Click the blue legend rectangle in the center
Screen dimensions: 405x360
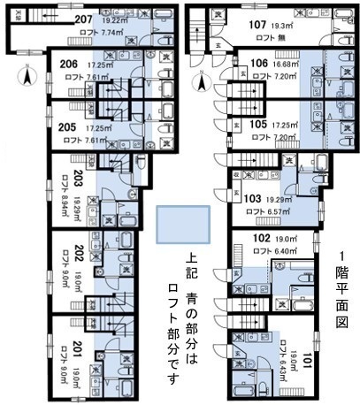coord(183,225)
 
